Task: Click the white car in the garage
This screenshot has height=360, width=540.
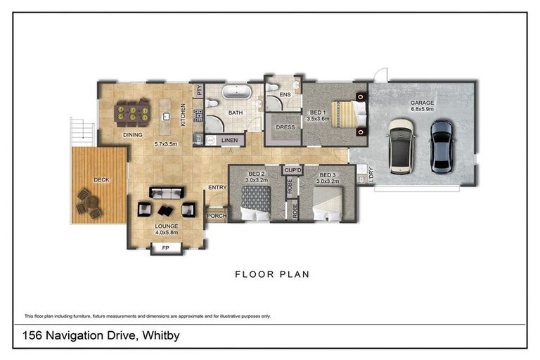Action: click(x=401, y=146)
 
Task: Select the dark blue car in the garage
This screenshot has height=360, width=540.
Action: click(x=442, y=146)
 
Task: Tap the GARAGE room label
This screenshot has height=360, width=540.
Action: click(x=423, y=103)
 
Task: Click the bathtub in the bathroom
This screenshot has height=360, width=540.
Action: click(x=235, y=93)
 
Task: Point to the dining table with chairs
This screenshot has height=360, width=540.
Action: click(x=133, y=112)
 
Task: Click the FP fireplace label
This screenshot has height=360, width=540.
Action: click(x=166, y=248)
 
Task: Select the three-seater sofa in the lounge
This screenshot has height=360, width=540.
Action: click(x=167, y=193)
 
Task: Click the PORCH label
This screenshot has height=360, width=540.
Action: click(x=217, y=216)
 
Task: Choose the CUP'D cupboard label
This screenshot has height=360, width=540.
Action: click(x=292, y=170)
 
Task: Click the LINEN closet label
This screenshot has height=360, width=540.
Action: click(x=229, y=141)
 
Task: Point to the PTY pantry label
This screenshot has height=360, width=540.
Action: click(x=200, y=90)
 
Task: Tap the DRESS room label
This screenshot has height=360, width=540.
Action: click(x=285, y=127)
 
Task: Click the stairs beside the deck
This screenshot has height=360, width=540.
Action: click(x=83, y=130)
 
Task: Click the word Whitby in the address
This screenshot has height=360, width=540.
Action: click(x=161, y=335)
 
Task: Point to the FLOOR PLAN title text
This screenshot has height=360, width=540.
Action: click(x=272, y=274)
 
